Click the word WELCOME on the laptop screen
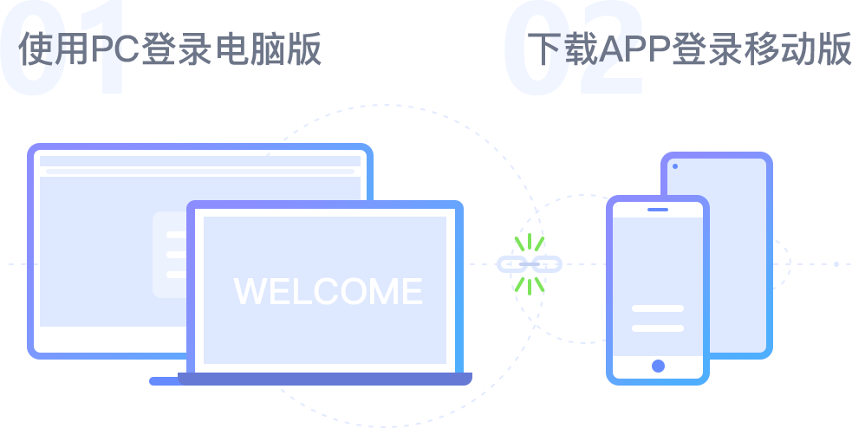click(328, 291)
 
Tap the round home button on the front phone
click(658, 366)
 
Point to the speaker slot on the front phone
click(658, 210)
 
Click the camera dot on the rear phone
click(675, 165)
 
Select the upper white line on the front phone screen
click(658, 308)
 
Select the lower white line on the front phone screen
click(658, 328)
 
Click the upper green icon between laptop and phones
click(530, 243)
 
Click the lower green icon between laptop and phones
click(530, 284)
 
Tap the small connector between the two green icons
click(530, 263)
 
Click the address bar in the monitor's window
click(200, 172)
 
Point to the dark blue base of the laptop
click(325, 379)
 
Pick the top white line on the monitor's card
click(176, 235)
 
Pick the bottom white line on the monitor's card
click(176, 275)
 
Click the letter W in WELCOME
click(249, 291)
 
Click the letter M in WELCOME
click(386, 291)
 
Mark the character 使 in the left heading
click(36, 49)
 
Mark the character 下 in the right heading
click(543, 49)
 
